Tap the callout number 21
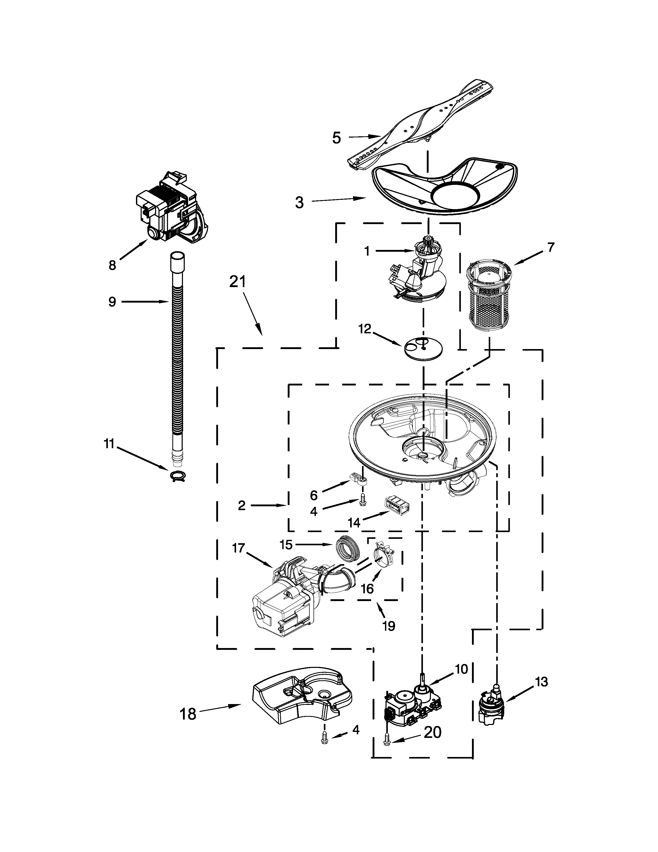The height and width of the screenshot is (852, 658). [x=237, y=282]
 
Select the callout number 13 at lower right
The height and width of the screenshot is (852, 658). [x=541, y=682]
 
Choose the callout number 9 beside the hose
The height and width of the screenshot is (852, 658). [x=112, y=302]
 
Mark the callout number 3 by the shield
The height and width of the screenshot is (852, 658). [x=299, y=203]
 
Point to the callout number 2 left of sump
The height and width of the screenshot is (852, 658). [x=242, y=506]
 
